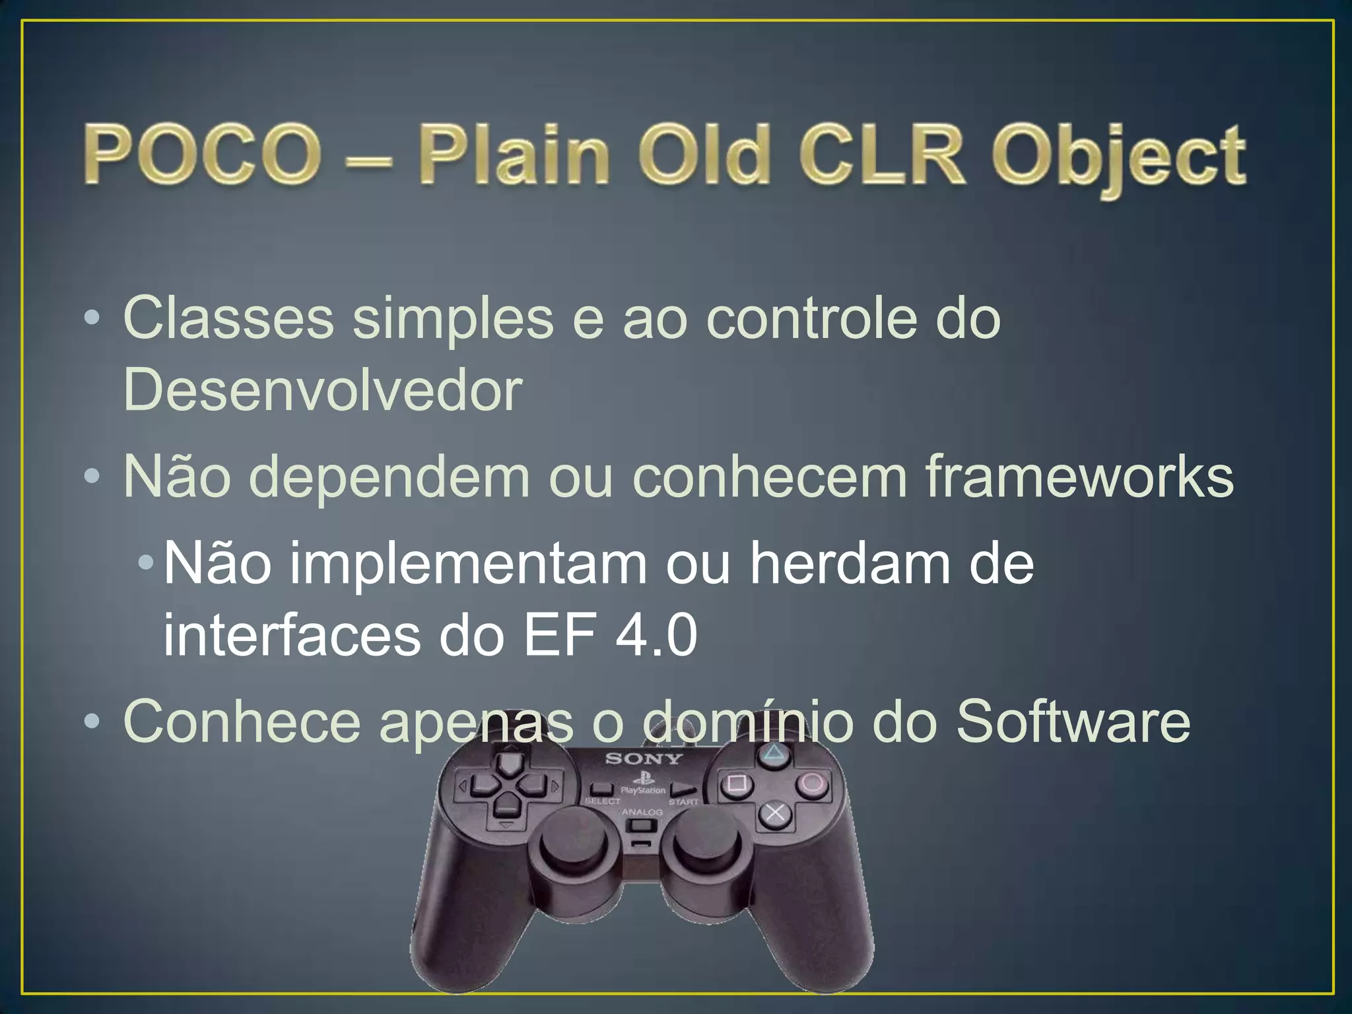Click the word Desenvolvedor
pos(322,390)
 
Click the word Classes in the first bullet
pos(228,319)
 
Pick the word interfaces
pos(292,635)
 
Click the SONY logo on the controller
pos(644,759)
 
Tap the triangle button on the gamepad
pos(772,753)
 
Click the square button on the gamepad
pos(736,784)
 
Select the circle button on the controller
pos(811,784)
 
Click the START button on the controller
pos(684,790)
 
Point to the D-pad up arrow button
pos(507,764)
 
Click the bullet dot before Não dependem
pos(92,476)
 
